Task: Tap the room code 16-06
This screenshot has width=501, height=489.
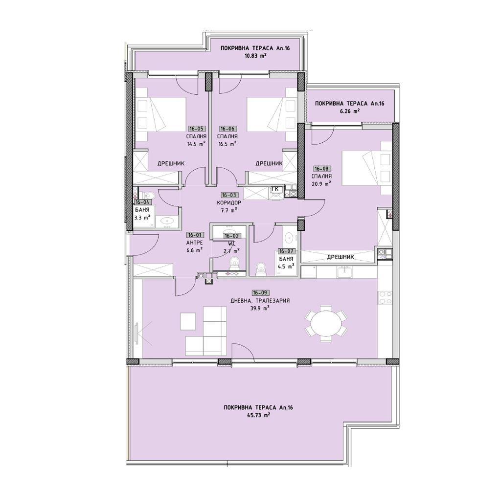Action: coord(227,129)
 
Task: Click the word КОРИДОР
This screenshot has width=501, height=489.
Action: coord(229,202)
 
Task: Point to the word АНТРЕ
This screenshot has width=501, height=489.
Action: coord(194,243)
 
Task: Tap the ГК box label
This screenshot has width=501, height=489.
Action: coord(276,189)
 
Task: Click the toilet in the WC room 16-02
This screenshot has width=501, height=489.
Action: coord(234,264)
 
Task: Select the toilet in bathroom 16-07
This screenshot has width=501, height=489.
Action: coord(261,267)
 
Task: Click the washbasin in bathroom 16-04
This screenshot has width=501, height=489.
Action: coord(166,221)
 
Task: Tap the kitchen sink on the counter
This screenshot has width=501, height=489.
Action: coord(344,272)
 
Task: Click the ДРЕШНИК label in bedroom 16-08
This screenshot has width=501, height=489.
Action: coord(340,257)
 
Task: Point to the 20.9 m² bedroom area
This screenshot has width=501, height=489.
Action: coord(321,183)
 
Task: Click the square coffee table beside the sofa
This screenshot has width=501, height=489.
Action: coord(187,321)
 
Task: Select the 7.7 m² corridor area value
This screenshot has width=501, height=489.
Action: coord(229,210)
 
